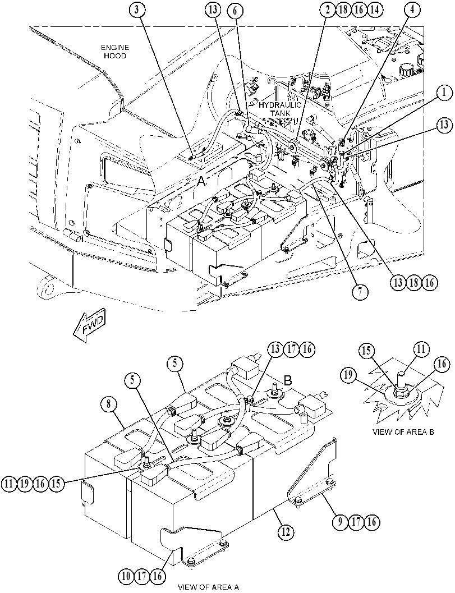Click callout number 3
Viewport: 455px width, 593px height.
[137, 10]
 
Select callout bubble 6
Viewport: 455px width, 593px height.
[235, 10]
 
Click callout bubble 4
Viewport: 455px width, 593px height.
[412, 10]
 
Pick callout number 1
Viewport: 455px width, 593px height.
[443, 92]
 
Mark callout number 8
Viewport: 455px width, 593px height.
[109, 404]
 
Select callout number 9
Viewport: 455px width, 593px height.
[341, 522]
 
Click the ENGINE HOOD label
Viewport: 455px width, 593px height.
[115, 52]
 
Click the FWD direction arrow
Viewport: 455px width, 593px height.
[89, 325]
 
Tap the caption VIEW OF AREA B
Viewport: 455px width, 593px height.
[403, 432]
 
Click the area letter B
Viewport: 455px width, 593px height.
[288, 380]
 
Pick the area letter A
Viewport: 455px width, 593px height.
[201, 183]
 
